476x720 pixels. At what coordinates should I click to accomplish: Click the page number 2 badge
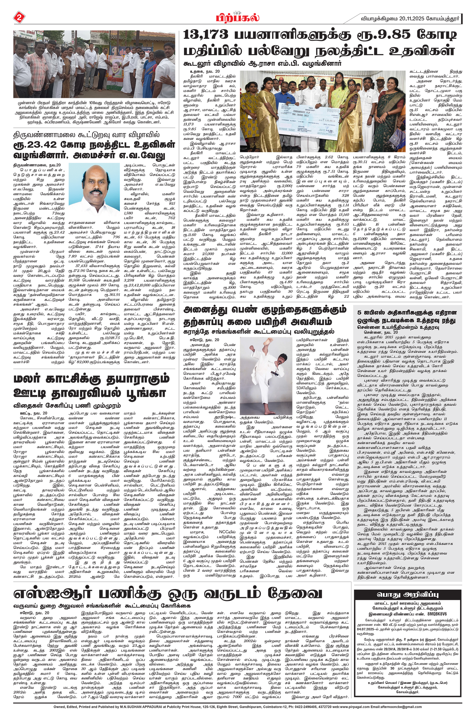tap(18, 18)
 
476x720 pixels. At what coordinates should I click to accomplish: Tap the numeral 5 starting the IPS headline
tap(359, 312)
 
